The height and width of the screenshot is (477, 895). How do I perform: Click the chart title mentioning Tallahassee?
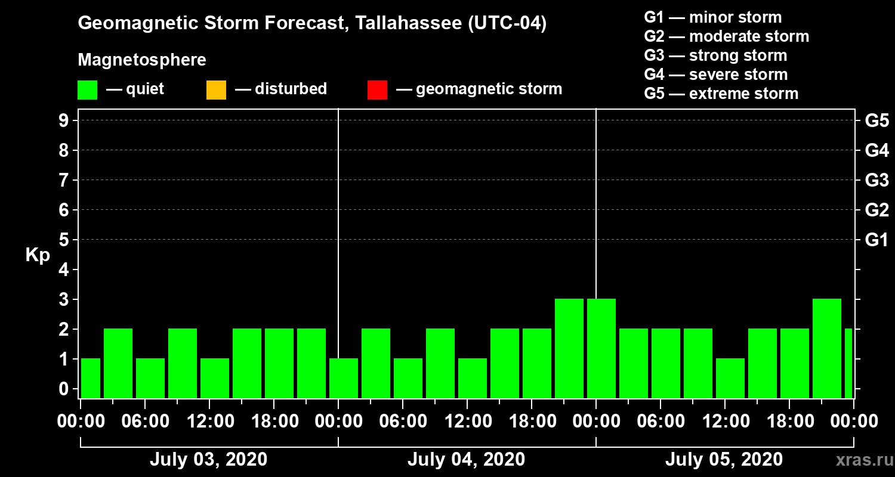pos(312,24)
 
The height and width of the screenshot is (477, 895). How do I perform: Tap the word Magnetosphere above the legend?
pos(142,60)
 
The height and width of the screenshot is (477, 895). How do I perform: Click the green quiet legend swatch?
pos(87,90)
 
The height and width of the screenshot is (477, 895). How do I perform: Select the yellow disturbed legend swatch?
pos(216,90)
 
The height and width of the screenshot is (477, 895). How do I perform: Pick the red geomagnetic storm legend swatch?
pos(377,90)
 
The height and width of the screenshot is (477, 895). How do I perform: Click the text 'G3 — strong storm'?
pos(715,55)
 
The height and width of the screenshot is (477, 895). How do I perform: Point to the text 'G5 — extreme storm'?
pos(721,94)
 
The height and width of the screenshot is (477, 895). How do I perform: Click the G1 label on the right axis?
pos(877,240)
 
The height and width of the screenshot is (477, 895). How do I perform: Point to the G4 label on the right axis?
pos(877,150)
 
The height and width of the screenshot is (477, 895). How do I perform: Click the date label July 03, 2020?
pos(208,460)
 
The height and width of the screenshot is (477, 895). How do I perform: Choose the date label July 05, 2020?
pos(724,460)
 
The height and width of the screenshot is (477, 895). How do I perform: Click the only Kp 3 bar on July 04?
pos(569,348)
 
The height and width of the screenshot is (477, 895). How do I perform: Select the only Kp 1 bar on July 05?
pos(730,378)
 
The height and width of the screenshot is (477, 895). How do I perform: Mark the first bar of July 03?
pos(91,378)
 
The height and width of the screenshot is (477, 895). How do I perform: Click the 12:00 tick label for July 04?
pos(467,422)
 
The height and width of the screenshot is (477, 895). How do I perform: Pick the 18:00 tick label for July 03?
pos(273,422)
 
